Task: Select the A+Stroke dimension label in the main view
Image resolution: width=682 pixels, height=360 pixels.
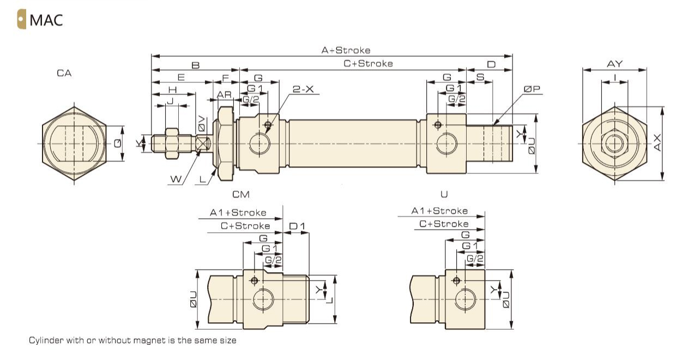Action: pyautogui.click(x=346, y=50)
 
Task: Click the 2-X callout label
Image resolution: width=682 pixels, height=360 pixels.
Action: pyautogui.click(x=303, y=89)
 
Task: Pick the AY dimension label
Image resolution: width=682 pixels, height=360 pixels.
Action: pyautogui.click(x=614, y=64)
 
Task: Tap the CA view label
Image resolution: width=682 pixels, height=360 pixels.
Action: pyautogui.click(x=64, y=73)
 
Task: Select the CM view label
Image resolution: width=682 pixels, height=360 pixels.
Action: pyautogui.click(x=241, y=194)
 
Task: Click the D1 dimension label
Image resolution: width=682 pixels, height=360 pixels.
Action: pyautogui.click(x=297, y=226)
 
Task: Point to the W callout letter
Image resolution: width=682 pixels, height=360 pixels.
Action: pyautogui.click(x=176, y=178)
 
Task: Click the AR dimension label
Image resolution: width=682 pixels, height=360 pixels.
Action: pyautogui.click(x=225, y=94)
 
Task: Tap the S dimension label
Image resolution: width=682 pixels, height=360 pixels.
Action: pyautogui.click(x=480, y=78)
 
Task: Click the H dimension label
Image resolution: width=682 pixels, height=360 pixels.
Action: pyautogui.click(x=173, y=89)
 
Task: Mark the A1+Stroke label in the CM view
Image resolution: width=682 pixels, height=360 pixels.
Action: pyautogui.click(x=238, y=212)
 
